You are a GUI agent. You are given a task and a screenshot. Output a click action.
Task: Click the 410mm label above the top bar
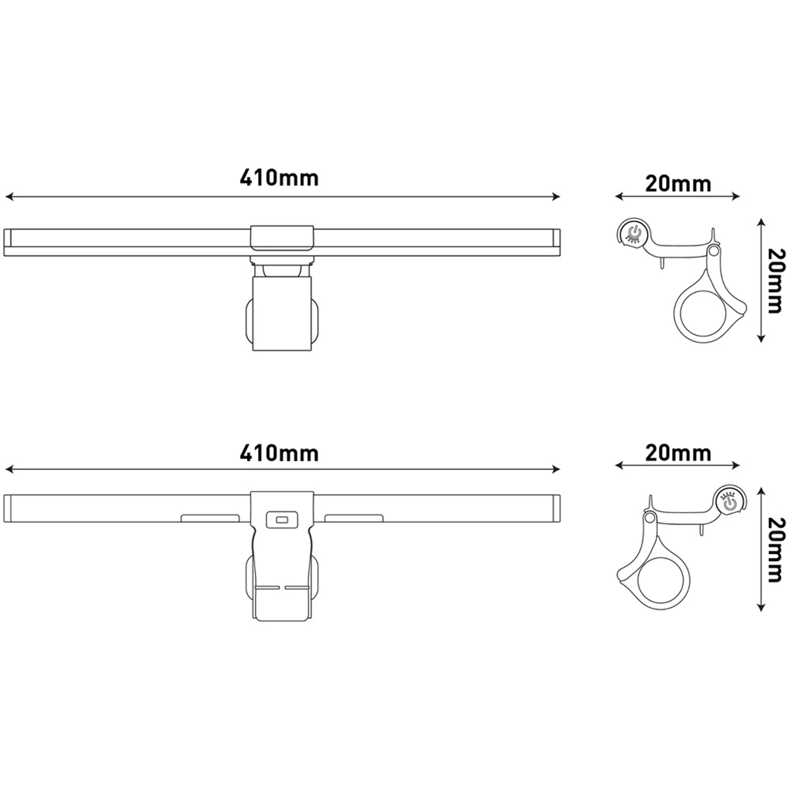[279, 178]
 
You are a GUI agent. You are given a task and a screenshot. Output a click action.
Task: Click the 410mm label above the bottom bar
[279, 453]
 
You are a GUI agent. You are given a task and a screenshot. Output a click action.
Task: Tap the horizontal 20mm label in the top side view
[678, 184]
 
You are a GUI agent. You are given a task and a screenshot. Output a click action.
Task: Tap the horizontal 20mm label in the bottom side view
[678, 453]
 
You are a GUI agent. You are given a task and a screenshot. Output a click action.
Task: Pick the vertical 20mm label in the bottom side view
[775, 550]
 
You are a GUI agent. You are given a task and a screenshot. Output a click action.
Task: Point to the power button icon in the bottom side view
[729, 501]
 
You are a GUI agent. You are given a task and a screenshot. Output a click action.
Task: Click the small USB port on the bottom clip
[282, 520]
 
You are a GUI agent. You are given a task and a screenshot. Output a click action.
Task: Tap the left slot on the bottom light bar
[210, 519]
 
